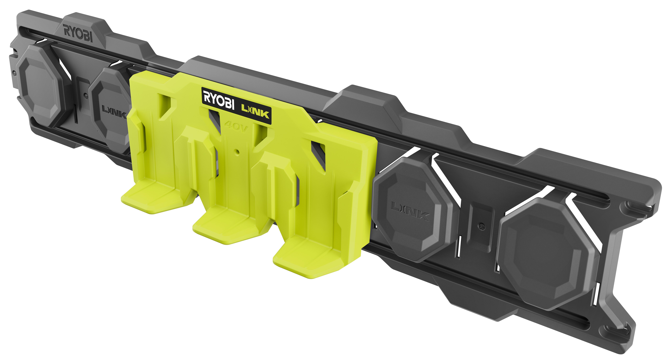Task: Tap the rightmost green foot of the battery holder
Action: coord(307,263)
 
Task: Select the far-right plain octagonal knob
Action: coord(547,254)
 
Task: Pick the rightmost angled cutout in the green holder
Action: coord(318,154)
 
